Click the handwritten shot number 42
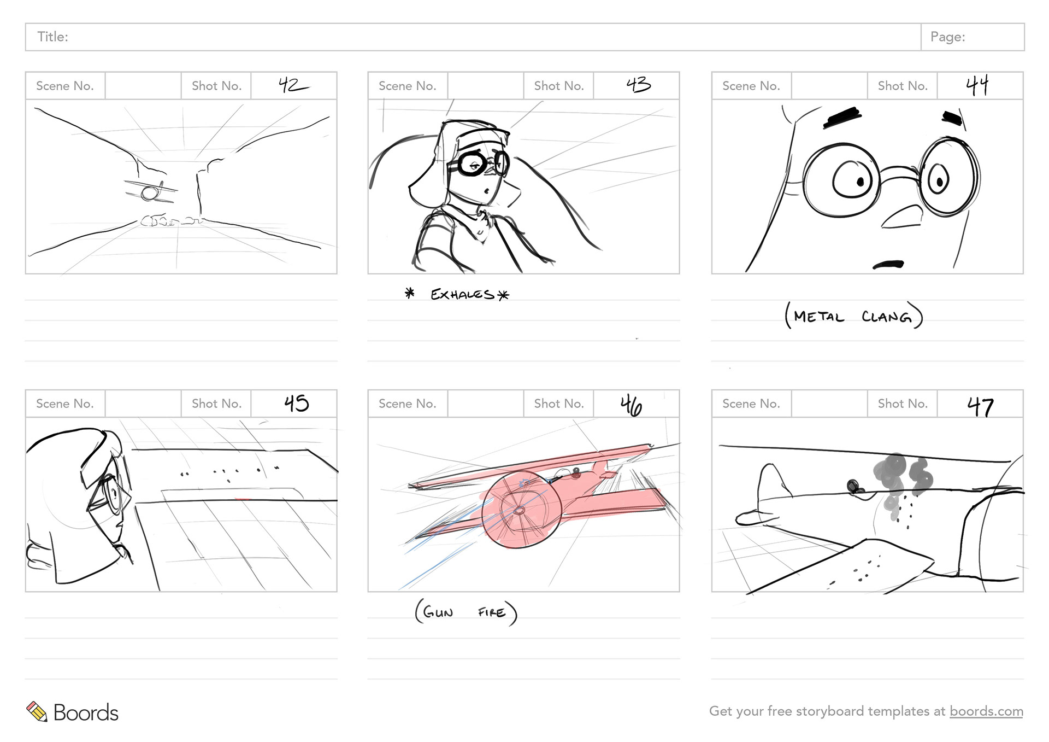click(x=293, y=85)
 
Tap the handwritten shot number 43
click(x=639, y=84)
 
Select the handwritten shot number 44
click(x=977, y=85)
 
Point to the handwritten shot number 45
click(x=297, y=404)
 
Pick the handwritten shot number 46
click(x=631, y=406)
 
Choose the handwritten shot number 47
click(x=980, y=407)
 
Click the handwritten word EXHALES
click(x=462, y=295)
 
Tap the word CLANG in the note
click(x=886, y=317)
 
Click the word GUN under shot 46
click(x=438, y=612)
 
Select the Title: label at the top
click(x=52, y=37)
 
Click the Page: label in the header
click(x=948, y=37)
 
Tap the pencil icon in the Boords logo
click(x=37, y=711)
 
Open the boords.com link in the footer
click(x=986, y=711)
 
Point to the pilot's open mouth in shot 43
click(x=485, y=191)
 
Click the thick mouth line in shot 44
click(x=888, y=265)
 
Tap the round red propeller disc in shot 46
click(x=521, y=509)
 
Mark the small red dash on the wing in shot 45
click(x=243, y=499)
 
